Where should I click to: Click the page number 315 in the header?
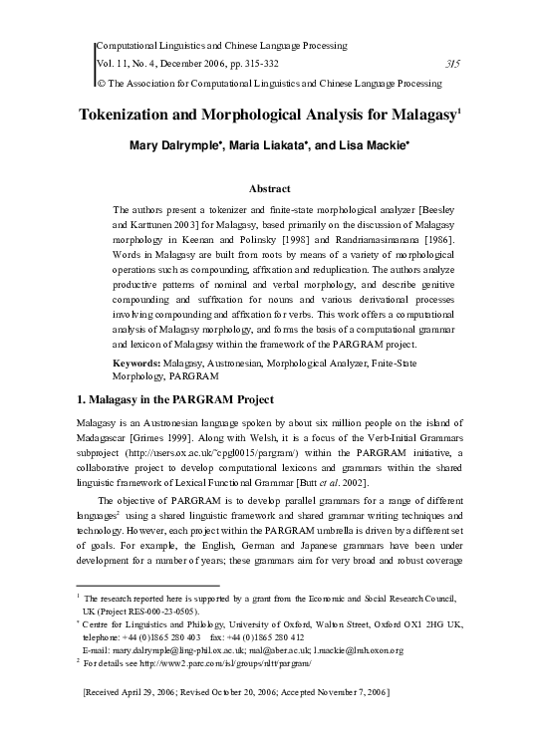(450, 65)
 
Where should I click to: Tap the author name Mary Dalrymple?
(174, 147)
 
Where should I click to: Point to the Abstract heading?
(269, 188)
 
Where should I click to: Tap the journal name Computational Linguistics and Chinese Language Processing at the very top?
(220, 46)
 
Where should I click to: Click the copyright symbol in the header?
(98, 83)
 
